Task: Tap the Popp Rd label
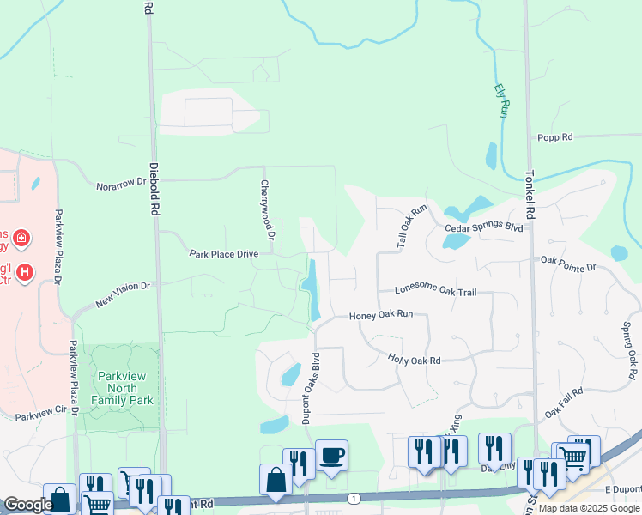tap(554, 137)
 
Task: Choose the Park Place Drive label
tap(223, 254)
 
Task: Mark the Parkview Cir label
tap(40, 415)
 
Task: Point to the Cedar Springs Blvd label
tap(484, 228)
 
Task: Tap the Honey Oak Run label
tap(381, 315)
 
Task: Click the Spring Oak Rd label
tap(630, 350)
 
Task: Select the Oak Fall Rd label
tap(563, 401)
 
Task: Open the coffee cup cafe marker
tap(331, 454)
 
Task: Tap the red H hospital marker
tap(26, 271)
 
